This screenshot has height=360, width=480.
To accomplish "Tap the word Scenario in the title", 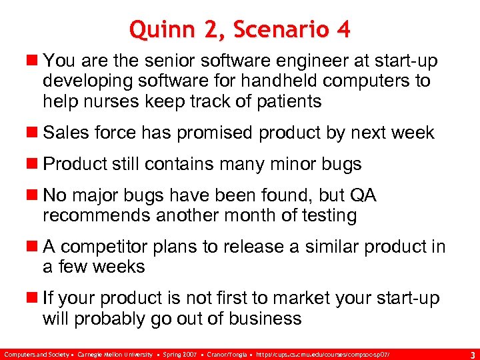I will (x=265, y=30).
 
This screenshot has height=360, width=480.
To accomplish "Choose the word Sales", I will (x=64, y=133).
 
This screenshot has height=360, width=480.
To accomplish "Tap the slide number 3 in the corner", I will (x=472, y=353).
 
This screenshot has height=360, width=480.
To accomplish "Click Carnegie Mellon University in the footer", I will (x=115, y=352).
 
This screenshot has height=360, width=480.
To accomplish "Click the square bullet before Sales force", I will (x=33, y=133).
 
